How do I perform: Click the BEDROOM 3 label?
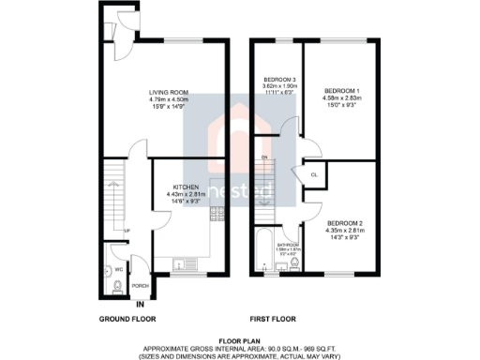[279, 79]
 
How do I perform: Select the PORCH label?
[140, 285]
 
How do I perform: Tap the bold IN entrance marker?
[140, 305]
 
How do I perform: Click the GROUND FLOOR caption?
[127, 320]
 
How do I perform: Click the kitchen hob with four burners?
[216, 214]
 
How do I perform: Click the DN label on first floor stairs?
[264, 157]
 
